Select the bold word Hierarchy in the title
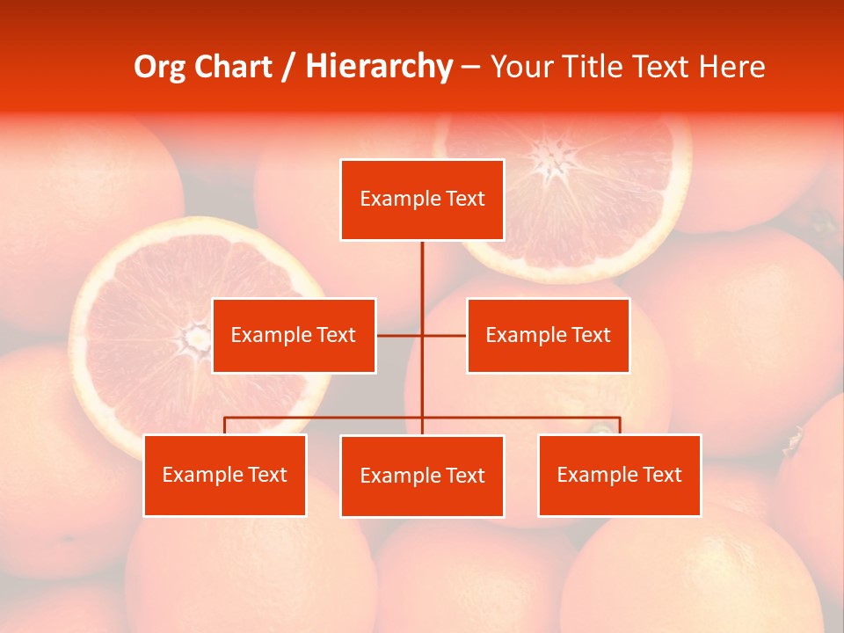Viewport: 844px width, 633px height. tap(379, 67)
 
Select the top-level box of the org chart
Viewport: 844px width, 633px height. tap(422, 200)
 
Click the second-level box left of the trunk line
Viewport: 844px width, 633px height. tap(294, 335)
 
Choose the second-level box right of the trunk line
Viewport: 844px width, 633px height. tap(548, 335)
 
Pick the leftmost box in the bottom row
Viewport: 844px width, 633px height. tap(224, 475)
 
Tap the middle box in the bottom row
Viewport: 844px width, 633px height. tap(422, 476)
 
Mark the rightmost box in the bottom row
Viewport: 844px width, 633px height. tap(619, 475)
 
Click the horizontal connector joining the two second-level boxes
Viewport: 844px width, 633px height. tap(444, 335)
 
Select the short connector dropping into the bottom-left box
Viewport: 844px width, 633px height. tap(224, 426)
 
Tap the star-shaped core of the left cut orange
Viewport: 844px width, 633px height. tap(195, 335)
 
